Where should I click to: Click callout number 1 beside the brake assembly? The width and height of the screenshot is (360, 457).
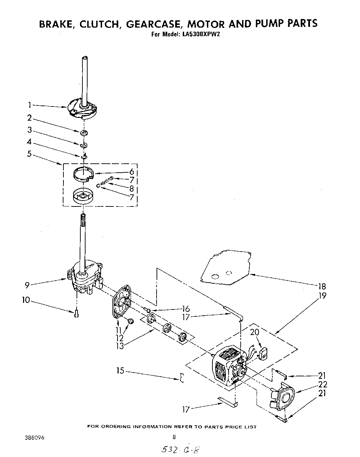(30, 104)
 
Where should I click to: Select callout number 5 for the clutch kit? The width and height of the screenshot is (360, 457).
(30, 154)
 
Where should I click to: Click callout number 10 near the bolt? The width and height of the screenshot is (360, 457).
(26, 300)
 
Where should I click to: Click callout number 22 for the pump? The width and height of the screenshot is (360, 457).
(322, 384)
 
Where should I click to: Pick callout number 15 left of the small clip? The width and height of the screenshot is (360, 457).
(120, 371)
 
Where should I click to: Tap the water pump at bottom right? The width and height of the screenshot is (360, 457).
(283, 398)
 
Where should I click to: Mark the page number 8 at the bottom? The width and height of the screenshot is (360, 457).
(174, 438)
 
